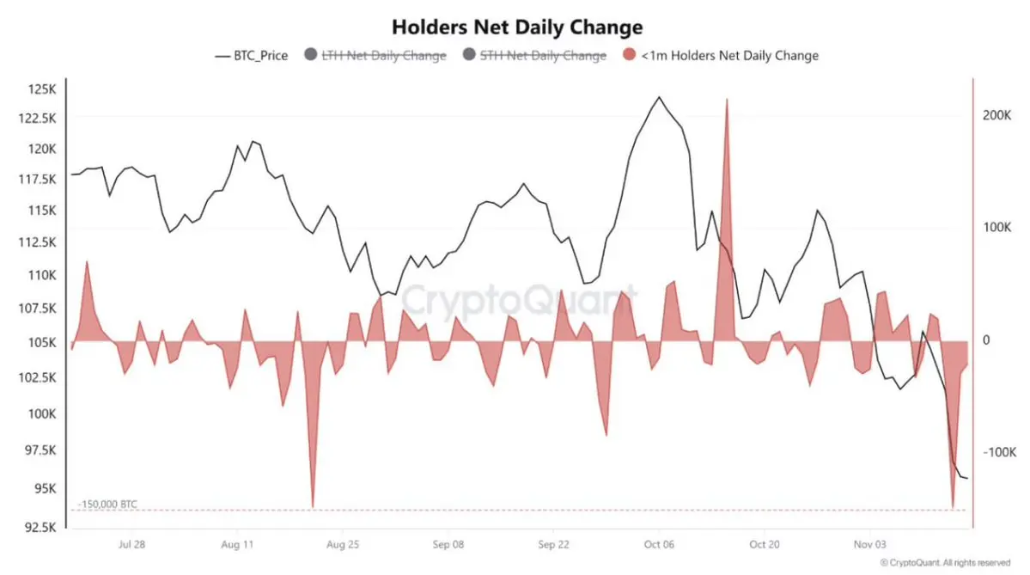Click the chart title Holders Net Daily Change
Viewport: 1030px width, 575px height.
[516, 27]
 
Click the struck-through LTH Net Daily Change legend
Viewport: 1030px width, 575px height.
[383, 55]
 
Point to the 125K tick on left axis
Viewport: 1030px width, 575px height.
[41, 89]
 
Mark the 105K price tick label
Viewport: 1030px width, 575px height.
[41, 342]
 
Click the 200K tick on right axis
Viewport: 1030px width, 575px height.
[996, 114]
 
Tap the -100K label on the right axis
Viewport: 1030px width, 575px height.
[998, 452]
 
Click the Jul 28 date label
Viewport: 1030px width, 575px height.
[131, 545]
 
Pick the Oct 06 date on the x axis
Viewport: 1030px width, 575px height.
[659, 545]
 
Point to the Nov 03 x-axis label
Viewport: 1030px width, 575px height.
[869, 545]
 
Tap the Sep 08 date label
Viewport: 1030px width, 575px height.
[448, 545]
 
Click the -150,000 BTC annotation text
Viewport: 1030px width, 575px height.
[107, 504]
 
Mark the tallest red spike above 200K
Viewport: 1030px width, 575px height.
[727, 100]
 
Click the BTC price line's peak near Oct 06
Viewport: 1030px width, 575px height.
[659, 97]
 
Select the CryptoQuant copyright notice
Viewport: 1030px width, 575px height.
[944, 563]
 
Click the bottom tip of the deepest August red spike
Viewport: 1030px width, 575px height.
[313, 507]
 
